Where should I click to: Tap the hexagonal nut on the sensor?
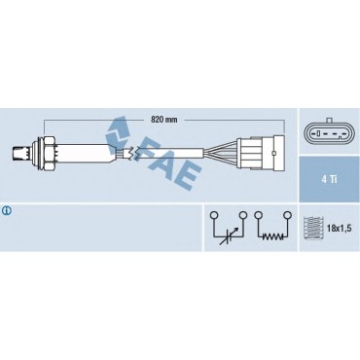tap(50, 153)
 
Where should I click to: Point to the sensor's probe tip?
tap(18, 153)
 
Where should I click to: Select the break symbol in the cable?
tap(133, 153)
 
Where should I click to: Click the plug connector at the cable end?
tap(261, 153)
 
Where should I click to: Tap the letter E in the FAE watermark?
tap(188, 177)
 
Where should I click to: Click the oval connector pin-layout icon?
tap(329, 134)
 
